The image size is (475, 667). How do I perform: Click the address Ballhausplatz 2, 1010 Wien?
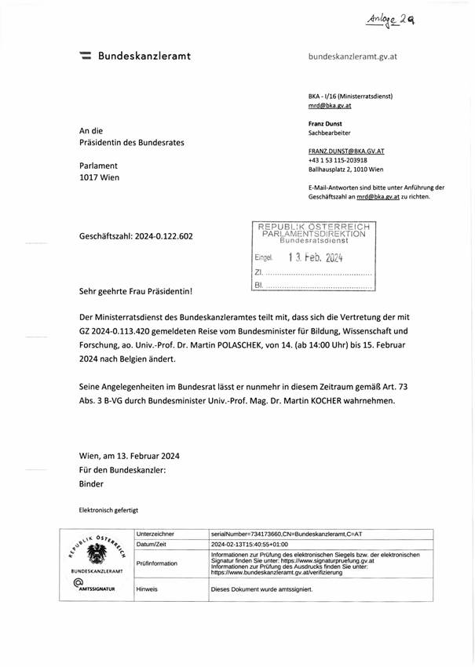(x=353, y=169)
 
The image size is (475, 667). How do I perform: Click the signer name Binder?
(x=92, y=484)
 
